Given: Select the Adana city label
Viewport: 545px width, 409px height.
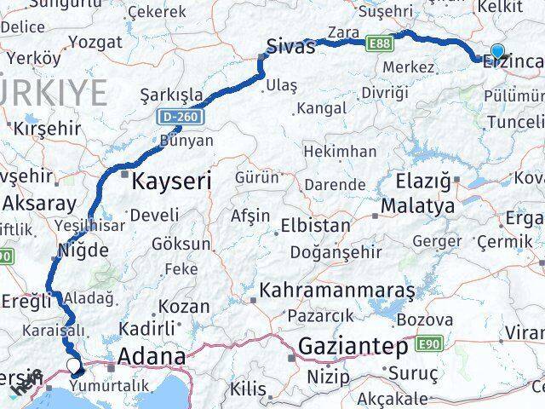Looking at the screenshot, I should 152,355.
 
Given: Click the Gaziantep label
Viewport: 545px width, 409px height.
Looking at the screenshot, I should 352,347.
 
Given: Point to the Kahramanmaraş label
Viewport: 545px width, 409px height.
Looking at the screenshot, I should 339,291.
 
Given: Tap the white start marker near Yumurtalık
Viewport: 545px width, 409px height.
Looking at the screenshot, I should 75,367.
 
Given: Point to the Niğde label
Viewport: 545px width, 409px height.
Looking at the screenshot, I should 83,251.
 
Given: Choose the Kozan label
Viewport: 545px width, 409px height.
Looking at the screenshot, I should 183,307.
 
